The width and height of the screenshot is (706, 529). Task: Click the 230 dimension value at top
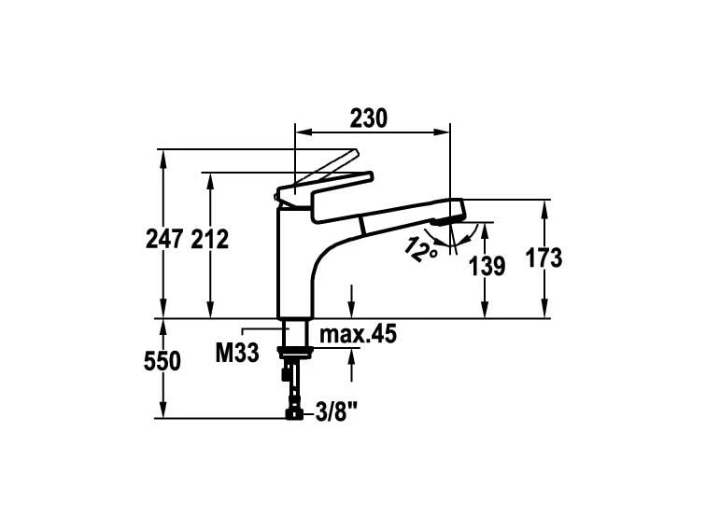coord(368,118)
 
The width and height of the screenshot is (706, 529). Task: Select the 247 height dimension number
coord(163,239)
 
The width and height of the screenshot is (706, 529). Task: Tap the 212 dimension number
coord(209,239)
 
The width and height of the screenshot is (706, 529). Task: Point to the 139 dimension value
coord(487,266)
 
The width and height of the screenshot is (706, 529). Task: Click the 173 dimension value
coord(543,258)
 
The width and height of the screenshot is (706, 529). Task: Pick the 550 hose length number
coord(162,362)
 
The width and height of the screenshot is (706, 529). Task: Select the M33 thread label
coord(236,353)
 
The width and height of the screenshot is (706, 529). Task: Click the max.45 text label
coord(359,334)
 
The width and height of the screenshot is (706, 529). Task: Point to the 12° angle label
coord(421,247)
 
